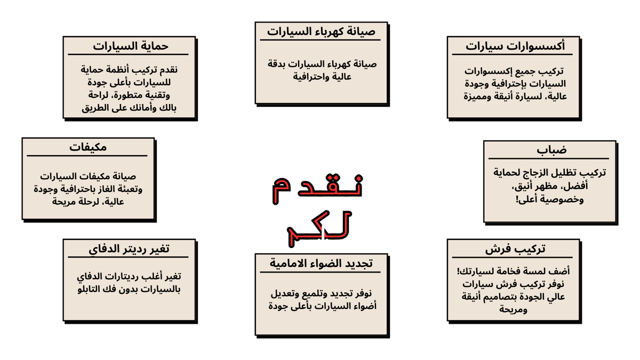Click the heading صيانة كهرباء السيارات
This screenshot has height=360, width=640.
click(x=321, y=31)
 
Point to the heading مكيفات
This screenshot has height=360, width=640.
click(x=87, y=147)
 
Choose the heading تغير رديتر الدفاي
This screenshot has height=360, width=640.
click(x=129, y=249)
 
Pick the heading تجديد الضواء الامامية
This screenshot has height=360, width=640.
click(x=321, y=263)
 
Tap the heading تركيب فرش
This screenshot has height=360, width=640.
click(x=515, y=249)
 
